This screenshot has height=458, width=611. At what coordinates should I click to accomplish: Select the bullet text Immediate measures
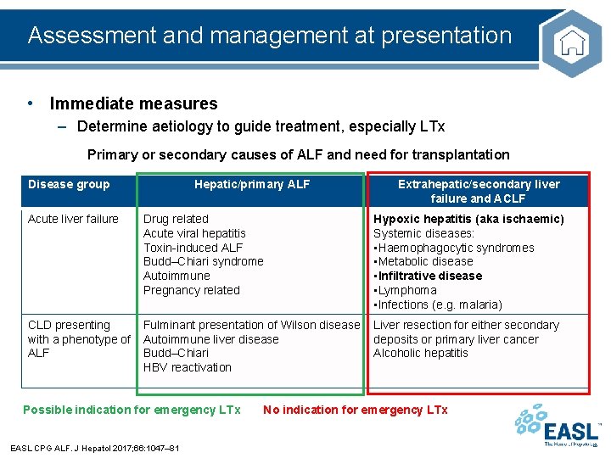(133, 104)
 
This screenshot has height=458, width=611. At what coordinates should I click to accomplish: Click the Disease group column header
(69, 184)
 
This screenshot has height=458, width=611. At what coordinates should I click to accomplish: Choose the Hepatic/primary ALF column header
(252, 184)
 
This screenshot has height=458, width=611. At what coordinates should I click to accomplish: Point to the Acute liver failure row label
(73, 219)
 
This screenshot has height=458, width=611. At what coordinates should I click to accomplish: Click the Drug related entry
(176, 219)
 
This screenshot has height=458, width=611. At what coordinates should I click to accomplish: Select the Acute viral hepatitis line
(194, 233)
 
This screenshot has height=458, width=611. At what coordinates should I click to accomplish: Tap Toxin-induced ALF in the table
(193, 248)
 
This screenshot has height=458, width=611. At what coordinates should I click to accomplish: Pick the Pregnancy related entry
(191, 290)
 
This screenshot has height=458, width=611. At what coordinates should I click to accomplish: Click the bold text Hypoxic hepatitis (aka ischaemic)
(468, 219)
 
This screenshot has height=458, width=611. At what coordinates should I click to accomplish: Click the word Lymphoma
(407, 290)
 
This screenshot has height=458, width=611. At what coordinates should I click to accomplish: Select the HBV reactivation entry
(187, 367)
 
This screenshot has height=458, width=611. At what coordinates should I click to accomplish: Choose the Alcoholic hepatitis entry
(421, 353)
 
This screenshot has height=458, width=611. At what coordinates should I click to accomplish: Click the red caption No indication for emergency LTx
(355, 410)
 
